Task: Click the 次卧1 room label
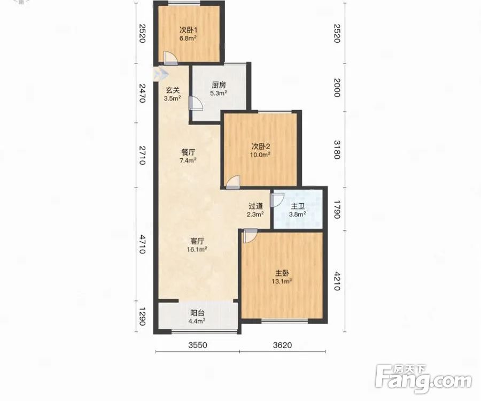pos(188,30)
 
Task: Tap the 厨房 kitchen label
pos(219,85)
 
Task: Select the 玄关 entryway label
pos(173,90)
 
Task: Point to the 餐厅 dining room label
pos(188,152)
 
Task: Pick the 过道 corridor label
pos(255,206)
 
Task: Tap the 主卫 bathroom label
pos(298,206)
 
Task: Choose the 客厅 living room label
pos(197,241)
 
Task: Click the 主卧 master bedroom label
pos(282,273)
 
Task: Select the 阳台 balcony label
pos(197,313)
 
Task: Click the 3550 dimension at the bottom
pos(198,345)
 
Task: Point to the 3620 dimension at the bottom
pos(282,345)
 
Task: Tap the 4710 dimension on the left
pos(142,244)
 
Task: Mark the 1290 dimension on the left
pos(142,317)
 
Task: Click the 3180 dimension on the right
pos(337,150)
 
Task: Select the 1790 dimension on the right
pos(337,210)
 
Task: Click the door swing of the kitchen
pos(196,103)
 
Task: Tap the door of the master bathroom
pos(277,200)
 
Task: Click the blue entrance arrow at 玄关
pos(161,74)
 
